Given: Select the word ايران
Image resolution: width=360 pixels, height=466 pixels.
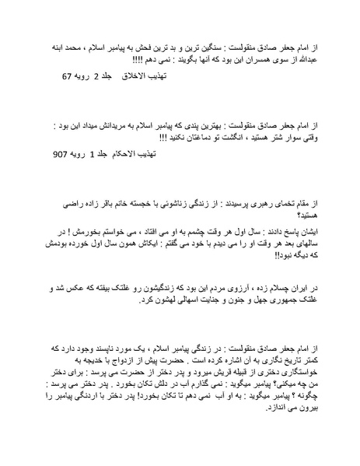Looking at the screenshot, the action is [x=307, y=288].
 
